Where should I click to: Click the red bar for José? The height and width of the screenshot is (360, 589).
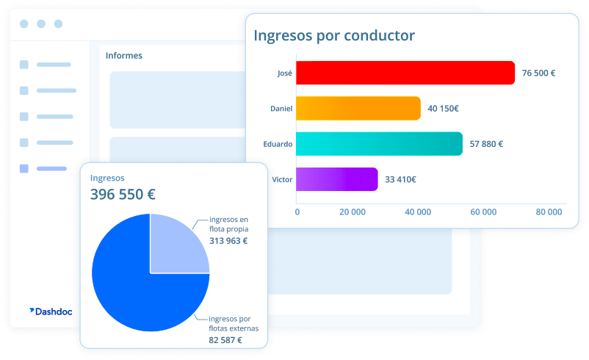(x=405, y=73)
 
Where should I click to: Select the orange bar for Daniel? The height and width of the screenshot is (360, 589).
(x=358, y=108)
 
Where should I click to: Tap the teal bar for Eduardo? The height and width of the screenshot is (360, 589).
(x=379, y=144)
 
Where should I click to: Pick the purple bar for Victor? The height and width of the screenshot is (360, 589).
(x=337, y=179)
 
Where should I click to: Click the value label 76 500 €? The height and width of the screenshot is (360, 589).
(x=538, y=73)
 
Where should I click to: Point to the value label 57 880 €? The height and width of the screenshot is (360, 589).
(x=486, y=144)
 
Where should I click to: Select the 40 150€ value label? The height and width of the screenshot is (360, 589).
(x=444, y=109)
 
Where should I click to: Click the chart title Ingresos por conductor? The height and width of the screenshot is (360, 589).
(x=334, y=35)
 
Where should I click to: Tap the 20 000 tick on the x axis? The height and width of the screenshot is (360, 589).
(x=353, y=212)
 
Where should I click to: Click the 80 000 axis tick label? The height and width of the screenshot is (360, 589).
(x=549, y=212)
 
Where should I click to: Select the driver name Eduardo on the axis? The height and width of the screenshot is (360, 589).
(x=278, y=144)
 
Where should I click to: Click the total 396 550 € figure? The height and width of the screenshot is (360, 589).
(x=123, y=195)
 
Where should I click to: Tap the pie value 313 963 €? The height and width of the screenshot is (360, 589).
(x=228, y=240)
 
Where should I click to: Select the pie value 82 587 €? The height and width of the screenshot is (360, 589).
(x=225, y=340)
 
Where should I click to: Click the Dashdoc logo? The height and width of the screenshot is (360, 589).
(x=56, y=311)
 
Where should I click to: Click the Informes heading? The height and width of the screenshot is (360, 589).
(x=124, y=55)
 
